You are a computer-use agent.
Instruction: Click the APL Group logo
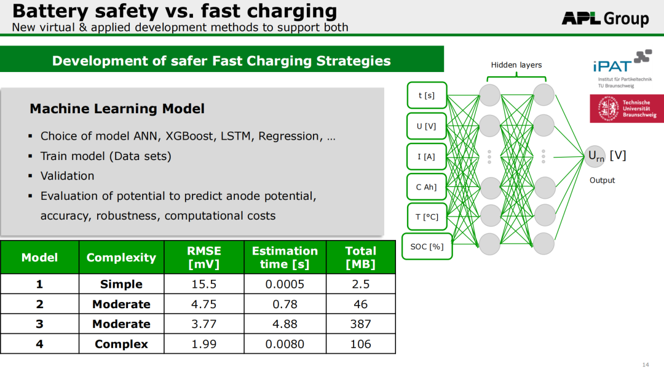pos(605,18)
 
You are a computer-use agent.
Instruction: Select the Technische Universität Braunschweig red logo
pos(626,109)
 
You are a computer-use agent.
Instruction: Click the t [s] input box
pos(427,95)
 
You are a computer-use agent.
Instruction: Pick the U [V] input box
pos(427,126)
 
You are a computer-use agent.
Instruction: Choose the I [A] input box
pos(427,156)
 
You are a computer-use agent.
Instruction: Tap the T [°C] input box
pos(427,217)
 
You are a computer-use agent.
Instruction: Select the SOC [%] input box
pos(427,247)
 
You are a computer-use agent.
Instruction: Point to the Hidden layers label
pos(516,65)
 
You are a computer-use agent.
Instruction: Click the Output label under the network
pos(602,180)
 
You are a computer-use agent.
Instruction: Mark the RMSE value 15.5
pos(204,284)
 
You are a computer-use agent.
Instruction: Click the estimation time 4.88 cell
pos(285,324)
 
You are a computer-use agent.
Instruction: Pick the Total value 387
pos(361,324)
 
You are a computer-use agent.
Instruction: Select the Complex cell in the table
pos(122,344)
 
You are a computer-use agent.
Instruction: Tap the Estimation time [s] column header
pos(285,257)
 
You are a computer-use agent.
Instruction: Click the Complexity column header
pos(122,257)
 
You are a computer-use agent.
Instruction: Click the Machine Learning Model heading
pos(117,108)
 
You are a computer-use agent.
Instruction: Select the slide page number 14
pos(646,364)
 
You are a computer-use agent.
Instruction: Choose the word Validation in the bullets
pos(68,176)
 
